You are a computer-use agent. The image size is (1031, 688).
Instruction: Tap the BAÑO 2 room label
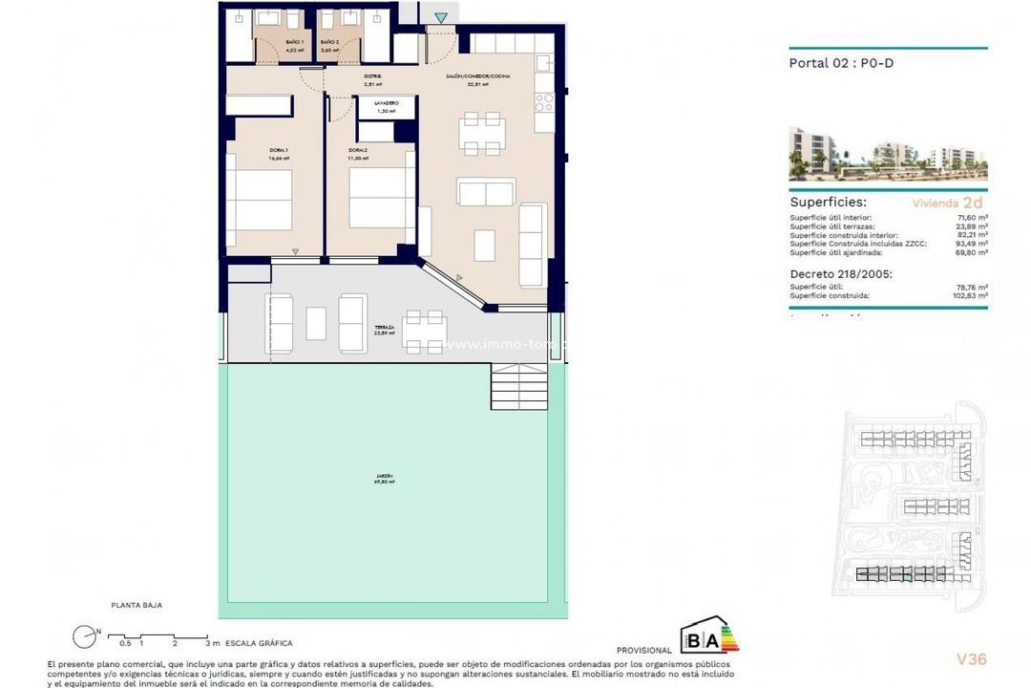pyautogui.click(x=330, y=43)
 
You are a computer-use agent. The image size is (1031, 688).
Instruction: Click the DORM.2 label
pyautogui.click(x=358, y=150)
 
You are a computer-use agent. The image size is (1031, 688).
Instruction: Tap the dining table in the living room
pyautogui.click(x=481, y=134)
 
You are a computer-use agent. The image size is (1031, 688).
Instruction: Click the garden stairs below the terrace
pyautogui.click(x=518, y=388)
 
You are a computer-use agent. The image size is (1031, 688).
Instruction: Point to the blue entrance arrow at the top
pyautogui.click(x=440, y=17)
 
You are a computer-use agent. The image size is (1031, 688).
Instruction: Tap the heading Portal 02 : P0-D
pyautogui.click(x=841, y=64)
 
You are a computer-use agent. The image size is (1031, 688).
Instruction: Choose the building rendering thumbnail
pyautogui.click(x=888, y=154)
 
